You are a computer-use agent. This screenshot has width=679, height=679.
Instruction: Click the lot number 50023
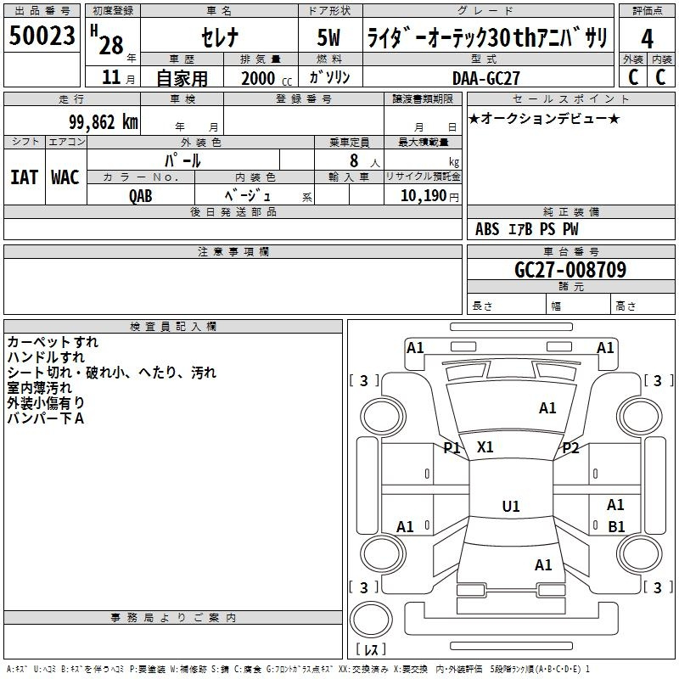[x=42, y=37]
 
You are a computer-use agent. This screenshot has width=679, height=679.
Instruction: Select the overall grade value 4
[x=647, y=39]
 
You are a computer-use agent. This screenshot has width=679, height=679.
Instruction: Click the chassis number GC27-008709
[x=570, y=271]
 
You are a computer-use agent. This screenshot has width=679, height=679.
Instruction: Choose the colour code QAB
[x=141, y=194]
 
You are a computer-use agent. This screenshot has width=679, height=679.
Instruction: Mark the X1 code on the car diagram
[x=485, y=446]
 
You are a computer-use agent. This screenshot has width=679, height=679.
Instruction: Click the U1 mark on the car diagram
[x=511, y=507]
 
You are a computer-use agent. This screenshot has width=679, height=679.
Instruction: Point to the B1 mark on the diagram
[x=617, y=526]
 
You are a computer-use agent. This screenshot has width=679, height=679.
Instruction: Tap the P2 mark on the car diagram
[x=570, y=448]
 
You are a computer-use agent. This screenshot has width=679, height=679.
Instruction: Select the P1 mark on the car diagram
[x=452, y=447]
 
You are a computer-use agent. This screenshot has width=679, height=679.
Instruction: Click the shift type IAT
[x=24, y=177]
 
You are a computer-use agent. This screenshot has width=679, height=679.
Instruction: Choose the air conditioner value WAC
[x=65, y=177]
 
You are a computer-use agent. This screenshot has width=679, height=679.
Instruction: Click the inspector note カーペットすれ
[x=53, y=342]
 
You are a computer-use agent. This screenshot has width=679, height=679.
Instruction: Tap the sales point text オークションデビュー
[x=543, y=118]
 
